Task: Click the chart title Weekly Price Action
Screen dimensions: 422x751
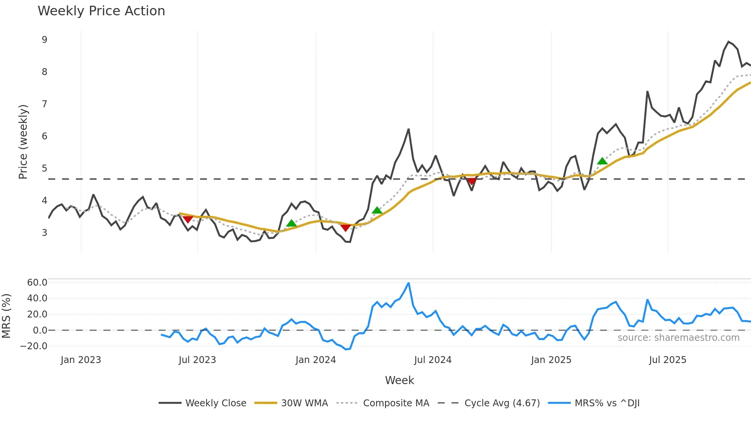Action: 101,11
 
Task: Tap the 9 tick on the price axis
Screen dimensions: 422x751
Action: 44,40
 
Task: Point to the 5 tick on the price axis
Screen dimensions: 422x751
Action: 44,168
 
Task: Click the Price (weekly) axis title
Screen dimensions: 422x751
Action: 23,142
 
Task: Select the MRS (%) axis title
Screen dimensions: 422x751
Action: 6,316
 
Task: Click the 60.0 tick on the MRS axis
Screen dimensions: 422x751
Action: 37,283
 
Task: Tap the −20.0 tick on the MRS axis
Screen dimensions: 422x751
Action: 34,346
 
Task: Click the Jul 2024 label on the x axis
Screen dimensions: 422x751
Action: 433,360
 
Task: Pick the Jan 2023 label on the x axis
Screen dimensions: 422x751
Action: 81,360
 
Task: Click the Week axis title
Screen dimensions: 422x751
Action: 399,380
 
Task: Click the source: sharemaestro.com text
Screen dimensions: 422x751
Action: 678,338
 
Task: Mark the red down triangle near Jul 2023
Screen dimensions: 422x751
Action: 188,219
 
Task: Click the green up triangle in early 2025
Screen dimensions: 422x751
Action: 602,161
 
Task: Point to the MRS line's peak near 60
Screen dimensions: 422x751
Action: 408,283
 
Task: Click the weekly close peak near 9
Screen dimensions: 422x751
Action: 728,42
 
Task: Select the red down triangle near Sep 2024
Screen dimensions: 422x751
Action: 472,182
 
